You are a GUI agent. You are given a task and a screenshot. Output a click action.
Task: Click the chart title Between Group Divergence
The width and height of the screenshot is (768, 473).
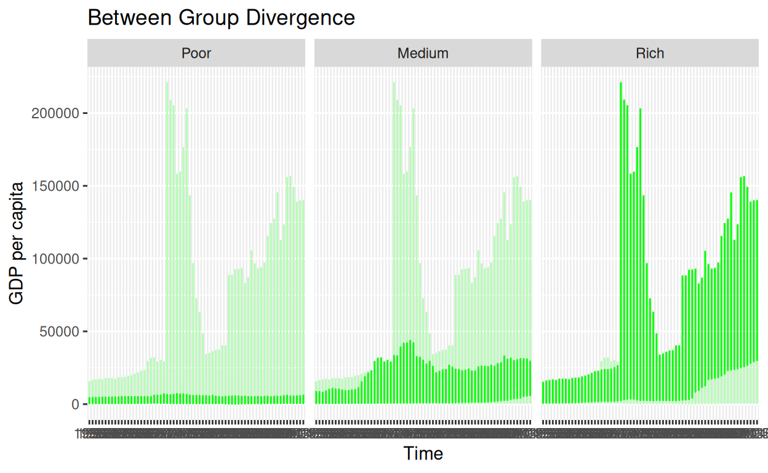[x=222, y=17]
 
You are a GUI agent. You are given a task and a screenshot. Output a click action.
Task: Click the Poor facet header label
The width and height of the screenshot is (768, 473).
[x=196, y=54]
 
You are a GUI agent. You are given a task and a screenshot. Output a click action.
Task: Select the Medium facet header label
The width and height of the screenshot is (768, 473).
[x=423, y=54]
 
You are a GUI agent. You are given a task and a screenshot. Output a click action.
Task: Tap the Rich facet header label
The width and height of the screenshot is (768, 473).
[x=650, y=54]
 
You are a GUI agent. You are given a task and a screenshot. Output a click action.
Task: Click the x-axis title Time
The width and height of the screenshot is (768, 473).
[x=423, y=454]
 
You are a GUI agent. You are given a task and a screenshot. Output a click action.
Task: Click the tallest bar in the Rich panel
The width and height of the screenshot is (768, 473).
[x=621, y=246]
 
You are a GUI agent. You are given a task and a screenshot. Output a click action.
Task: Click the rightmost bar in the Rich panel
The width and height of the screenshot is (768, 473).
[x=756, y=296]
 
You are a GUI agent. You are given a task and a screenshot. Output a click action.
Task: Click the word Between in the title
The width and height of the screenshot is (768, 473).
[x=130, y=17]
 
